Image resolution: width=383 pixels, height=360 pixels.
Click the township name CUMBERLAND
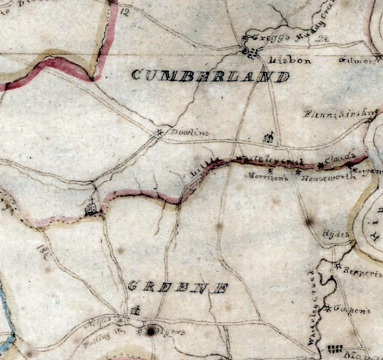[210, 76]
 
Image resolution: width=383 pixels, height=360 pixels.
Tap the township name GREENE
[178, 287]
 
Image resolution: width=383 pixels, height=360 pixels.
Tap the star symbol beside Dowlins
[160, 131]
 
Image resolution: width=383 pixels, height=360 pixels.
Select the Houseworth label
[328, 177]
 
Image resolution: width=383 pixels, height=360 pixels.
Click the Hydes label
[335, 234]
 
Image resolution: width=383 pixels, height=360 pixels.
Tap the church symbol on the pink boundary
[91, 208]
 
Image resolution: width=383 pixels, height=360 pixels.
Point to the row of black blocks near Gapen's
[335, 348]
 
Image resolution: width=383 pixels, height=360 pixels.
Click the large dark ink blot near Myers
[151, 331]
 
